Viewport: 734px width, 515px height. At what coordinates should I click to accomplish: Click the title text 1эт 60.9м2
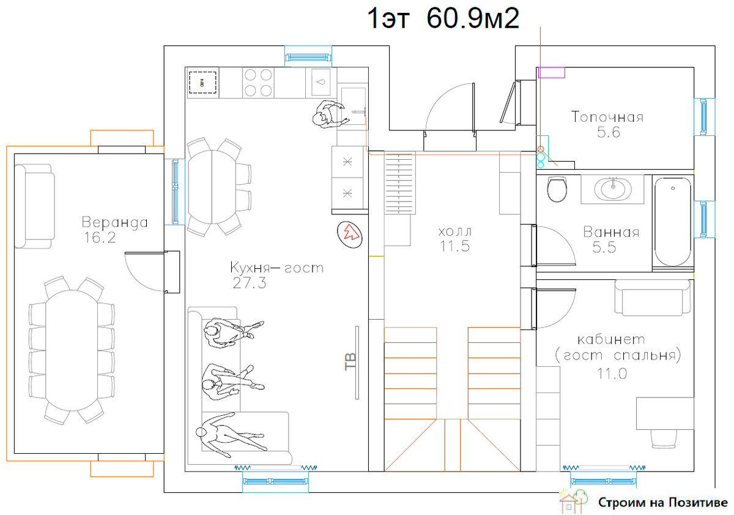pyautogui.click(x=443, y=18)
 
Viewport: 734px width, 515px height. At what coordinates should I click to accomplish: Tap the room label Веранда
pyautogui.click(x=115, y=222)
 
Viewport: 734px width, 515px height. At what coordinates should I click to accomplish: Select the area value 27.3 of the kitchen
pyautogui.click(x=250, y=283)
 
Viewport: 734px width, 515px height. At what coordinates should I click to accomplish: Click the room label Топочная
pyautogui.click(x=607, y=117)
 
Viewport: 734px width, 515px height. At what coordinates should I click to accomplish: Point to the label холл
pyautogui.click(x=455, y=231)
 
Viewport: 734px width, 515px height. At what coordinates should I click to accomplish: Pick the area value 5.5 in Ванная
pyautogui.click(x=604, y=247)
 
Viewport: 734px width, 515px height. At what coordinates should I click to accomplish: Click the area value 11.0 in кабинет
pyautogui.click(x=612, y=374)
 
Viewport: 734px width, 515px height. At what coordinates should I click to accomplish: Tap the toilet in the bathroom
pyautogui.click(x=557, y=189)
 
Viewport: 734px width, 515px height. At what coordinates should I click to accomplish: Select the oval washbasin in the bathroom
pyautogui.click(x=613, y=189)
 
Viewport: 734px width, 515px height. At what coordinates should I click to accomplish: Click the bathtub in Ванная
pyautogui.click(x=673, y=222)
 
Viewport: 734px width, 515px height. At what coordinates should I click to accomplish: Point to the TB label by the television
pyautogui.click(x=350, y=362)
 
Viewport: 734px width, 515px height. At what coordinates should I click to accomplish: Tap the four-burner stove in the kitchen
pyautogui.click(x=258, y=83)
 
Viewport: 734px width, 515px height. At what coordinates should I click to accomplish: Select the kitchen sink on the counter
pyautogui.click(x=321, y=82)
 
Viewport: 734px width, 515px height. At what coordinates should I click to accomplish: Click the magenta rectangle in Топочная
pyautogui.click(x=552, y=72)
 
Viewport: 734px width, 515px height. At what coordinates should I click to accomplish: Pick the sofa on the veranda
pyautogui.click(x=35, y=206)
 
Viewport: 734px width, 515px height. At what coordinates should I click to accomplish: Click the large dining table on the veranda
pyautogui.click(x=72, y=350)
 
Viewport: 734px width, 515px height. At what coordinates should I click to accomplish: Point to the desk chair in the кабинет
pyautogui.click(x=664, y=439)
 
